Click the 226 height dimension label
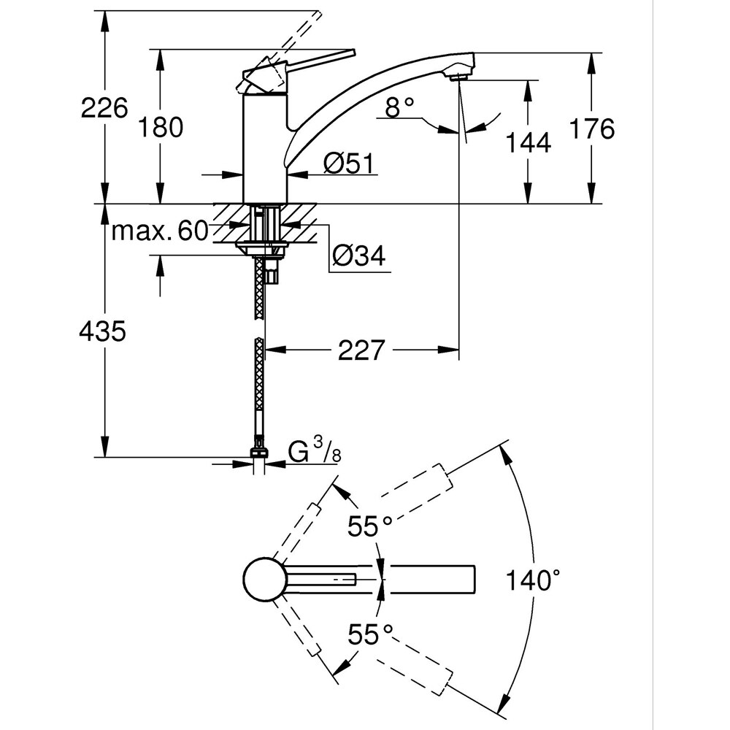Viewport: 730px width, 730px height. click(x=104, y=109)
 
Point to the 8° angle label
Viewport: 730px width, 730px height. click(x=399, y=109)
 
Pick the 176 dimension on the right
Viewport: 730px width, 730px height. click(x=591, y=129)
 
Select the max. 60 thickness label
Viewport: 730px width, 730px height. click(x=160, y=232)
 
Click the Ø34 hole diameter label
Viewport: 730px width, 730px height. click(x=358, y=255)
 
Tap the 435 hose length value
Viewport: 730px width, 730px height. click(x=103, y=331)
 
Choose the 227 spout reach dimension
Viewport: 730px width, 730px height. click(x=361, y=351)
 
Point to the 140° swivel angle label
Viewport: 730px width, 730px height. click(x=535, y=581)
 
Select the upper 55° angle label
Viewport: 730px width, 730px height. click(x=369, y=526)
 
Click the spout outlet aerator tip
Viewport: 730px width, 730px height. click(x=458, y=75)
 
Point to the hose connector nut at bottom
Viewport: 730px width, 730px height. click(x=258, y=453)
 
